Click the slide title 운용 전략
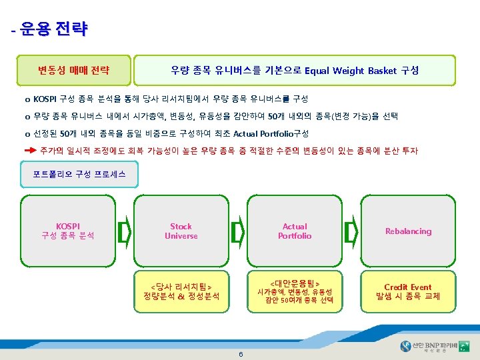coord(53,29)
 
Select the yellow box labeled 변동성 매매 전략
coord(74,71)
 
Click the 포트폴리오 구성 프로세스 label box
coord(79,175)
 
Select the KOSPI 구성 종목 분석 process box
coord(68,231)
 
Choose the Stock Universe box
coord(181,231)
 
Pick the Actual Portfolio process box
coord(295,231)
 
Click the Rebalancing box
coord(408,231)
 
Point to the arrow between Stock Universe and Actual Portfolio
coord(237,231)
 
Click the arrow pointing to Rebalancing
coord(351,231)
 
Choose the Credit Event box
coord(408,291)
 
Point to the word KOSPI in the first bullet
coord(45,99)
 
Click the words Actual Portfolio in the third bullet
coord(261,133)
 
